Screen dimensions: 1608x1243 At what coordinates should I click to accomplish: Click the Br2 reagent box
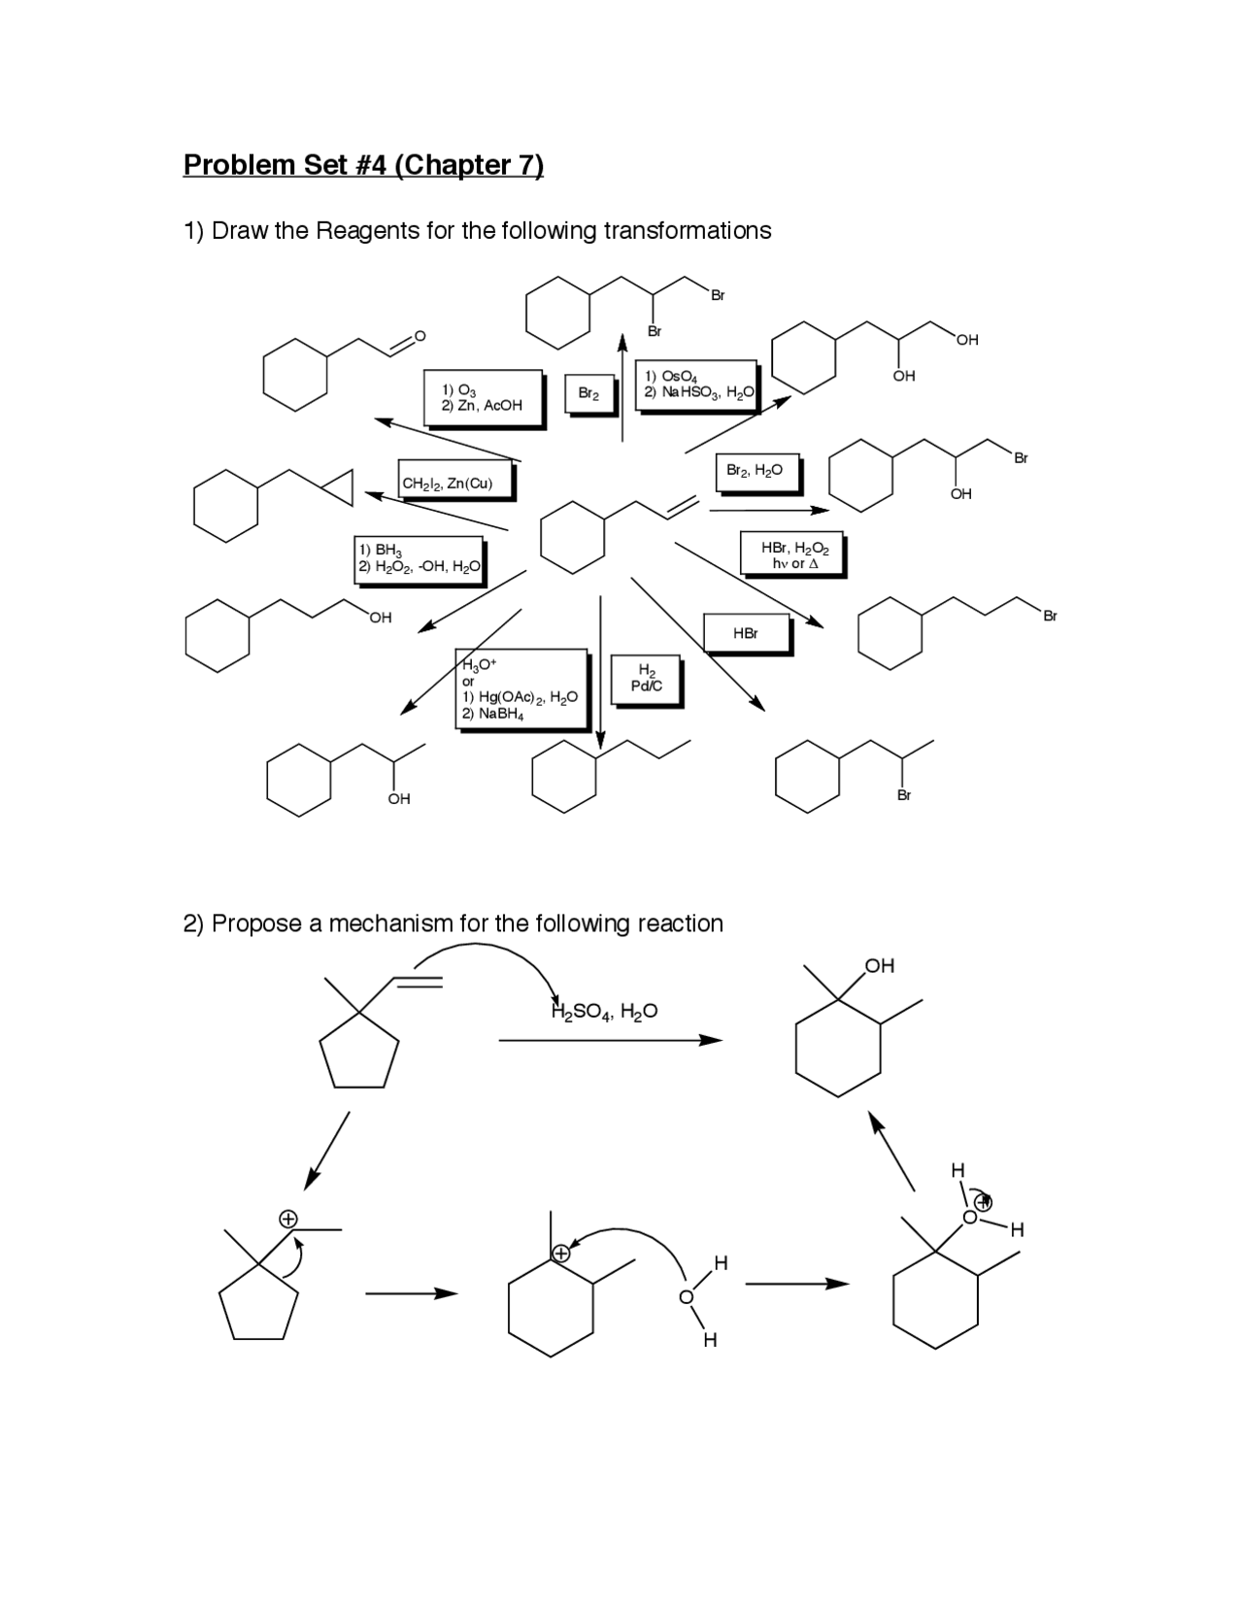[588, 393]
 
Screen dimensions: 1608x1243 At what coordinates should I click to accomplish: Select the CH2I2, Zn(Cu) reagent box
[454, 483]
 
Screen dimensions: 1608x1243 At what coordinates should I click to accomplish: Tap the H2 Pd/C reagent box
[645, 679]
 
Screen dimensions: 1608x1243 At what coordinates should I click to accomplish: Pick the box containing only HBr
[746, 633]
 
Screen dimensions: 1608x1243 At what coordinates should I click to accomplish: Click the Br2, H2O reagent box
[756, 470]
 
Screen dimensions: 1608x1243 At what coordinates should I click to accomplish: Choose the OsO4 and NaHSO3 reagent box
[696, 385]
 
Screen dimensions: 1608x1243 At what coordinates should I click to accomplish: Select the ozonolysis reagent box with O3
[483, 397]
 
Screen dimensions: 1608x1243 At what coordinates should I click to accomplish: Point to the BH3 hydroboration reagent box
[419, 558]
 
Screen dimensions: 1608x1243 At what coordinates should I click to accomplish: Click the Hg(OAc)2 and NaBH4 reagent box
[521, 688]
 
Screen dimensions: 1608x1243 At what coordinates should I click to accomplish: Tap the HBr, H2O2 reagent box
[792, 554]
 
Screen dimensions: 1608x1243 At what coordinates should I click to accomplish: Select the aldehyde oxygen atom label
[420, 336]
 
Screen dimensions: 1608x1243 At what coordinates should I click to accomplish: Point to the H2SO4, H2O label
[604, 1012]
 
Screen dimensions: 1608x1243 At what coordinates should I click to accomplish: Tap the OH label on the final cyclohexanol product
[879, 965]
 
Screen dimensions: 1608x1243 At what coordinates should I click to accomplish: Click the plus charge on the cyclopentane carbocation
[287, 1218]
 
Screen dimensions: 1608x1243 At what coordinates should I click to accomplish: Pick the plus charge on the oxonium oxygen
[984, 1202]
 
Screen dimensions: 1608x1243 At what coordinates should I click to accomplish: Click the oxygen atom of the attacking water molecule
[687, 1297]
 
